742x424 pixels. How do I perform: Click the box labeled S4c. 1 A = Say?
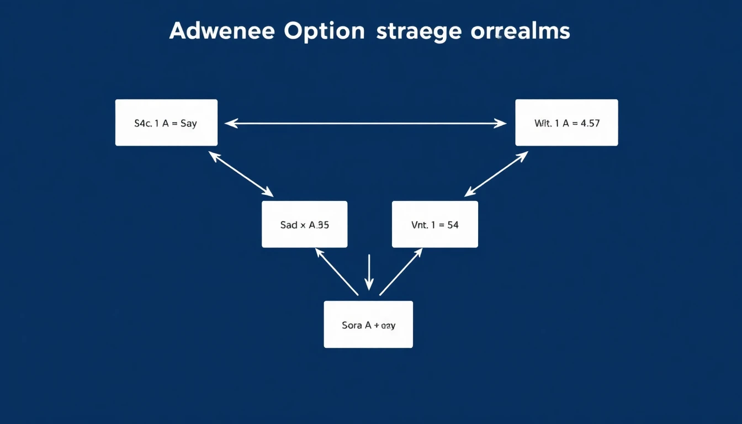tap(166, 123)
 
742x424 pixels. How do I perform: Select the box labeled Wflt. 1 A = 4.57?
tap(566, 123)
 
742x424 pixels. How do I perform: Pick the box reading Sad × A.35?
tap(304, 225)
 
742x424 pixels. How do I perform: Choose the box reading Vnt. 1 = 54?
tap(434, 225)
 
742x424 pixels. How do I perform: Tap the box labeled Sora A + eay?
tap(368, 325)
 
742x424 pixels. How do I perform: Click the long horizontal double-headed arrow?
tap(365, 124)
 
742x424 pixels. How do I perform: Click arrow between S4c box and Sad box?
tap(242, 174)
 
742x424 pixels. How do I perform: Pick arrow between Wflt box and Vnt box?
tap(496, 174)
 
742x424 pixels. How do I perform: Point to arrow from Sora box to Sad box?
tap(336, 271)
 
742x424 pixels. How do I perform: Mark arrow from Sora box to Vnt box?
tap(401, 271)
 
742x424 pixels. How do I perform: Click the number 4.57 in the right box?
tap(590, 124)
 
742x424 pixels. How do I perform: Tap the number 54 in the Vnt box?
tap(453, 225)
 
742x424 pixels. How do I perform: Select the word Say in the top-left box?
tap(188, 124)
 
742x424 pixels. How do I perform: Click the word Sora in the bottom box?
tap(352, 325)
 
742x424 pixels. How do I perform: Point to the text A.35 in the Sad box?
tap(319, 225)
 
